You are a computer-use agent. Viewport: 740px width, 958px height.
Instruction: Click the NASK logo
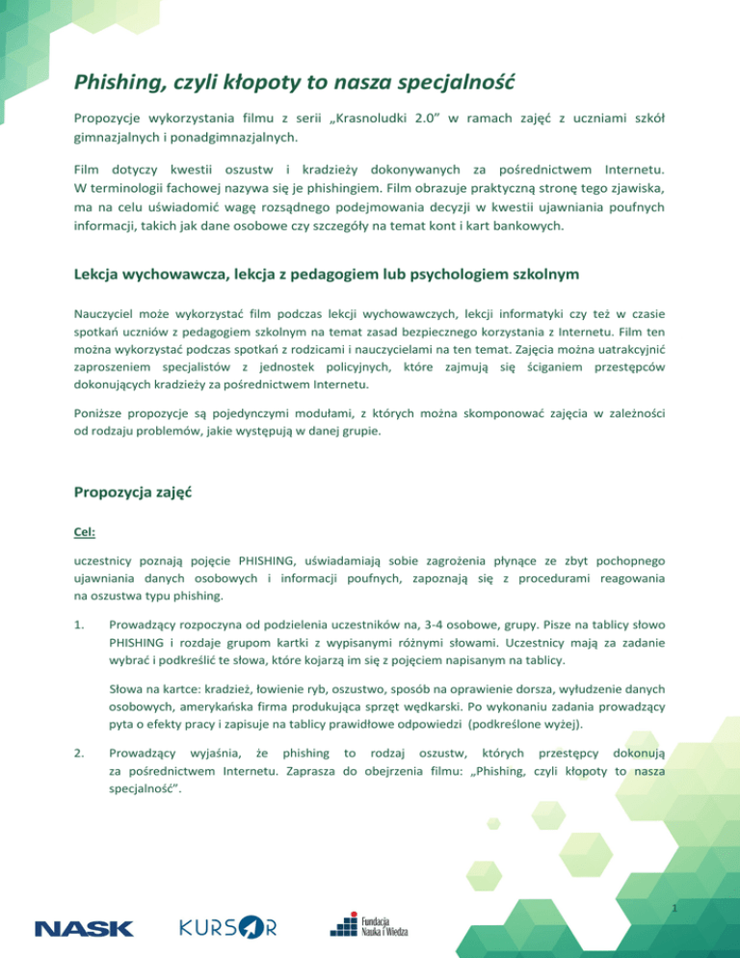tap(85, 929)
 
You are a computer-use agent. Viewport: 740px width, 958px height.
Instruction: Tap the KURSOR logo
tap(228, 927)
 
